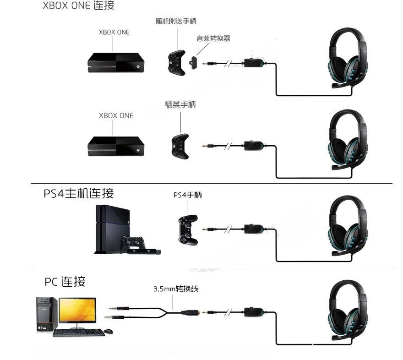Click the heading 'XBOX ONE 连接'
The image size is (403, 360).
78,6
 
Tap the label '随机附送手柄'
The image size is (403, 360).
176,22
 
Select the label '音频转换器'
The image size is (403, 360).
213,38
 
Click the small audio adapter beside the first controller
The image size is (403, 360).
194,62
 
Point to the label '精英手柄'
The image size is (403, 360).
180,105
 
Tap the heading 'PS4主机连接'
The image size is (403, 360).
79,193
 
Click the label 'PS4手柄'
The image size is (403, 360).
187,195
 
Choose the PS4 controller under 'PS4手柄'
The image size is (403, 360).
187,229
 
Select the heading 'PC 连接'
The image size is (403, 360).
65,281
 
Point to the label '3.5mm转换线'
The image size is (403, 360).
176,289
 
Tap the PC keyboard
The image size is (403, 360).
78,332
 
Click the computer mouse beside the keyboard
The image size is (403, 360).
109,331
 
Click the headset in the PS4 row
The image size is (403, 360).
346,224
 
